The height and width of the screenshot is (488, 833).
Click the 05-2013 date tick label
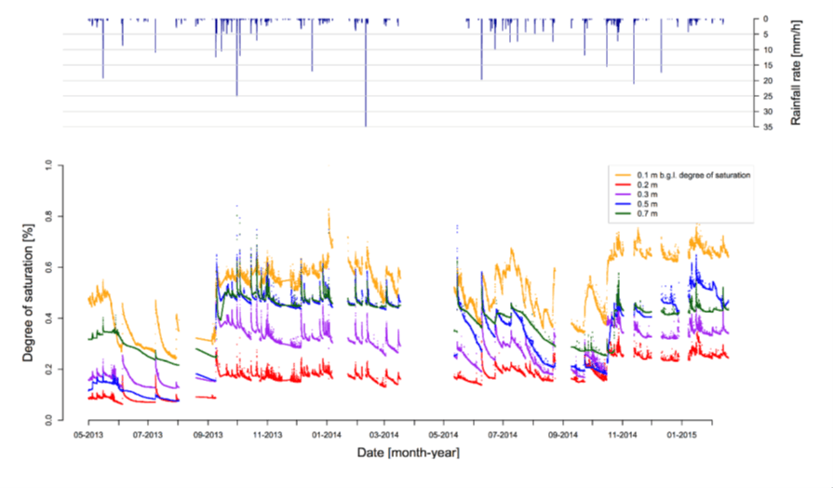pyautogui.click(x=87, y=434)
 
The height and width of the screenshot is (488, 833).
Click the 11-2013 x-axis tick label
pyautogui.click(x=267, y=434)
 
